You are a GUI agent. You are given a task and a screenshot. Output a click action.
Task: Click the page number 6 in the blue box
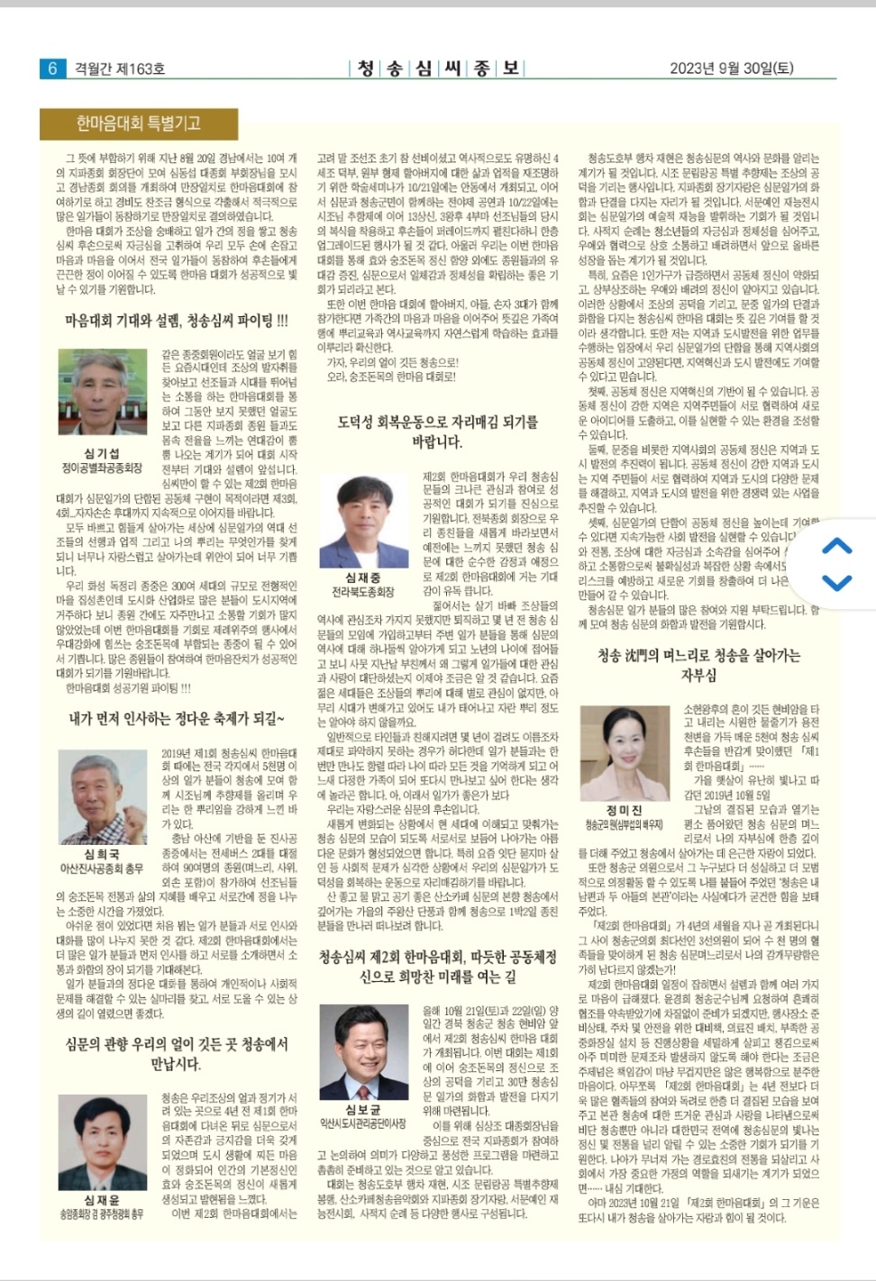tap(52, 68)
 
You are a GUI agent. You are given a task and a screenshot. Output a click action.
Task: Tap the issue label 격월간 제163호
tap(119, 68)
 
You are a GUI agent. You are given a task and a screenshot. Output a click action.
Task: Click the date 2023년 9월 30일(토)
tap(731, 68)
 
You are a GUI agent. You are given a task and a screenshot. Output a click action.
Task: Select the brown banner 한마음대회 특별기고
tap(138, 123)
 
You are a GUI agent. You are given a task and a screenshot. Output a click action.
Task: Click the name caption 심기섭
tap(102, 454)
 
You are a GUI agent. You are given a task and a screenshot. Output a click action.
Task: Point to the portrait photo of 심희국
tap(102, 796)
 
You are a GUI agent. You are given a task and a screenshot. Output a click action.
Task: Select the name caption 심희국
tap(102, 854)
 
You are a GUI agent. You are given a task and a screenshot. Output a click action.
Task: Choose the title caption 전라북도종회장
tap(362, 592)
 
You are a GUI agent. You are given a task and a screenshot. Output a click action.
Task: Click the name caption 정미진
tap(625, 811)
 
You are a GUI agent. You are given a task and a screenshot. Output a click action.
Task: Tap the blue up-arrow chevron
tap(837, 546)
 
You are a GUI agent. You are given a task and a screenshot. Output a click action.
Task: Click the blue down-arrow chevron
tap(837, 583)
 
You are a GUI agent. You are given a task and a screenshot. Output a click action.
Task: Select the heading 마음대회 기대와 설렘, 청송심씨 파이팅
tap(177, 321)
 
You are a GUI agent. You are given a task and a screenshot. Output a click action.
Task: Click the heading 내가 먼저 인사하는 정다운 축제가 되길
tap(177, 719)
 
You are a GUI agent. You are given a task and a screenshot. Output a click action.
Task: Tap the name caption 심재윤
tap(102, 1200)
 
